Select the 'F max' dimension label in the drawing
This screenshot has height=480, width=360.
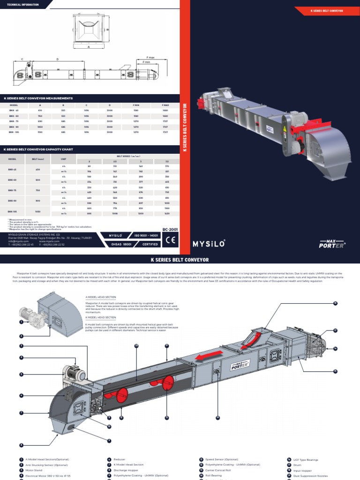click(x=150, y=57)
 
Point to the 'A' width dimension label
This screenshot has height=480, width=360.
click(x=88, y=47)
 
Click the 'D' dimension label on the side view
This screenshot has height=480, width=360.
click(x=58, y=59)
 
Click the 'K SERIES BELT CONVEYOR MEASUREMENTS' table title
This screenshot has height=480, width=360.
click(x=38, y=98)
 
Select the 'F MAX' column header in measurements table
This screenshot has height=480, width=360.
click(x=165, y=105)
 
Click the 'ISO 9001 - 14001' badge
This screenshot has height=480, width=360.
click(x=145, y=235)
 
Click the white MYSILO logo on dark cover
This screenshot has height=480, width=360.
click(x=209, y=243)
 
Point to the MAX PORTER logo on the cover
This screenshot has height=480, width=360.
click(x=331, y=244)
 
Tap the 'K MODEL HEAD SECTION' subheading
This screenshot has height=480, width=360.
click(x=101, y=317)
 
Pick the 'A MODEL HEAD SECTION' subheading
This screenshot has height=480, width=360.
click(x=101, y=297)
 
